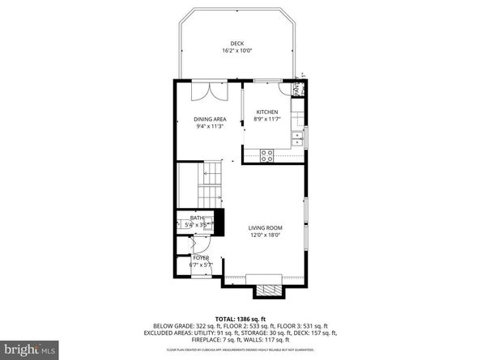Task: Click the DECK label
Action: [236, 43]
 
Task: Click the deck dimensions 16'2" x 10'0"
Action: [236, 51]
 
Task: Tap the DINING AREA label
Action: [210, 119]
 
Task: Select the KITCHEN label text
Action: [267, 112]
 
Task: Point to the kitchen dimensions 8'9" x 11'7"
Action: [267, 119]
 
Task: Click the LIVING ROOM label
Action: [264, 229]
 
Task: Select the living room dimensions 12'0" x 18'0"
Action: [264, 236]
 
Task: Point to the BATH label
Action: [197, 218]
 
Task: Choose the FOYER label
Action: [200, 258]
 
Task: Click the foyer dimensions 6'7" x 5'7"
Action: [200, 265]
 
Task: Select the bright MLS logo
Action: [31, 349]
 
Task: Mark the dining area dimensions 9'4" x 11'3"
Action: [210, 126]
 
